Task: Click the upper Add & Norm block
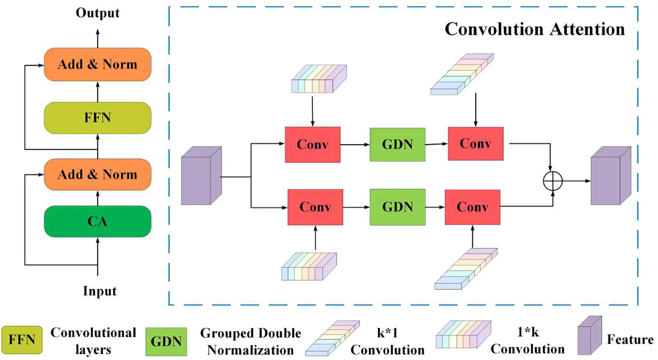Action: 97,64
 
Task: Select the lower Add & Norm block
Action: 97,174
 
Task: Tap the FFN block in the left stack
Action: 97,118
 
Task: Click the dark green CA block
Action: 97,221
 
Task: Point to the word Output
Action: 97,13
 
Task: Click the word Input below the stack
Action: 100,291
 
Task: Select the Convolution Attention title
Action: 534,29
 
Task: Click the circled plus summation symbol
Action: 553,181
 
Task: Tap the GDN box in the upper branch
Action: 397,145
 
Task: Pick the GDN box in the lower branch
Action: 397,207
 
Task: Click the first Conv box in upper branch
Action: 312,145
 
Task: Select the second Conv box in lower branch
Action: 472,207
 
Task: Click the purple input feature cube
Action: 201,176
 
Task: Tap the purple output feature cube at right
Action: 610,176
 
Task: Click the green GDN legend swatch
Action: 166,342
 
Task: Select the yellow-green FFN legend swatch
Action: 22,340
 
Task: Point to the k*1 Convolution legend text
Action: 387,341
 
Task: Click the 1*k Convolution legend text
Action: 527,340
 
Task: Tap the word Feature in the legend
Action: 630,340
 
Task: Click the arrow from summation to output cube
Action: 577,181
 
